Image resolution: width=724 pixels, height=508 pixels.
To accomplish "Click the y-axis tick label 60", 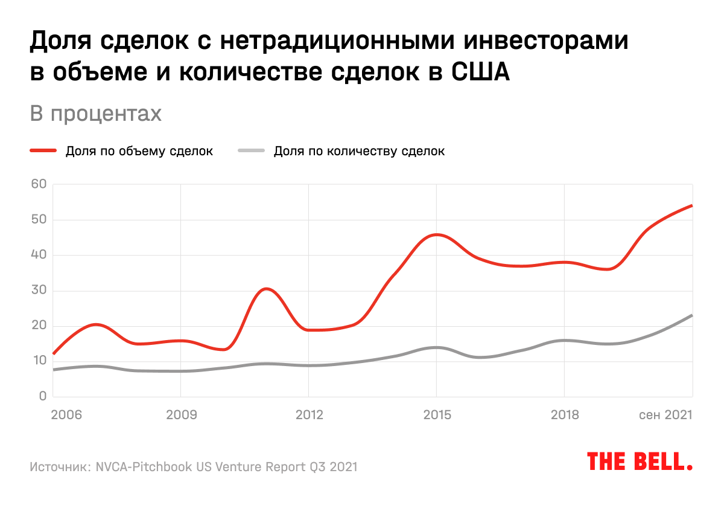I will (x=39, y=184).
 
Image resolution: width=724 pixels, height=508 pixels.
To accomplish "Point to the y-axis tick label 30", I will (x=39, y=291).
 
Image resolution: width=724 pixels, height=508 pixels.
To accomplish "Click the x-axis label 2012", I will (x=309, y=415).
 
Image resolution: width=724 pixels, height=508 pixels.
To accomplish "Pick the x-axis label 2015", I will (x=436, y=415).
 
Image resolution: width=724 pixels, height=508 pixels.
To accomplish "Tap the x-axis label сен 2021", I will (x=665, y=415).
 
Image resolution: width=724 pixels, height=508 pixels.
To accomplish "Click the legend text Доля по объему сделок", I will (x=139, y=151).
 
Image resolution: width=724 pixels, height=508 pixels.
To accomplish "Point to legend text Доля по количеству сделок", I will (x=359, y=151).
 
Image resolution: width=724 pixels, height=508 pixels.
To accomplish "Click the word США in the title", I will (x=481, y=72).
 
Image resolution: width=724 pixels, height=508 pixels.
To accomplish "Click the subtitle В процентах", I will (x=96, y=114).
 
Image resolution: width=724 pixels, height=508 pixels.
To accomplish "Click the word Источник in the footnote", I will (x=60, y=467).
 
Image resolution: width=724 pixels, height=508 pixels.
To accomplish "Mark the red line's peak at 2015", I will (x=436, y=234).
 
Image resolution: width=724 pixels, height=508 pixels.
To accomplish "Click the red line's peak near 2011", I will (x=265, y=289).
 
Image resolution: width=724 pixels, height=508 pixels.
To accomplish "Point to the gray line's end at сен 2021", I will (x=691, y=315).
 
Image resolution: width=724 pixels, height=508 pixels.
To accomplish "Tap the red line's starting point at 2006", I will (x=54, y=353).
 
